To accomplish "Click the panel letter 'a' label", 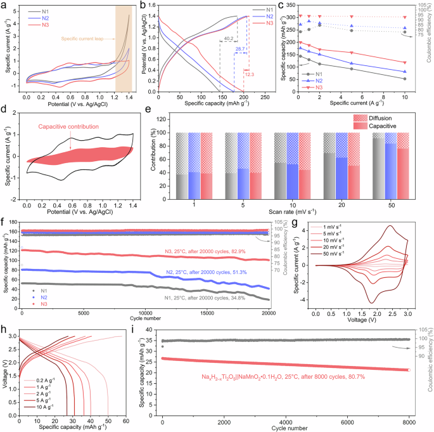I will click(5, 5).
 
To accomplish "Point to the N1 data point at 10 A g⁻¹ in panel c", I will click(404, 79).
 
